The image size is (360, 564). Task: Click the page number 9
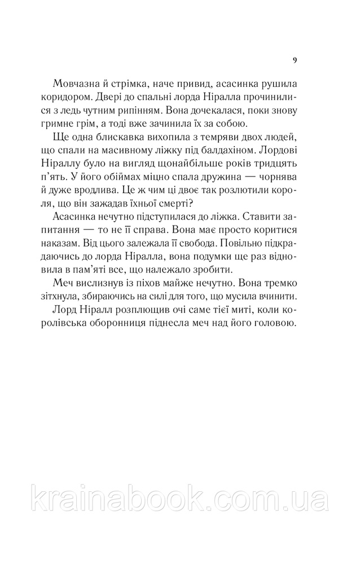[x=296, y=61]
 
